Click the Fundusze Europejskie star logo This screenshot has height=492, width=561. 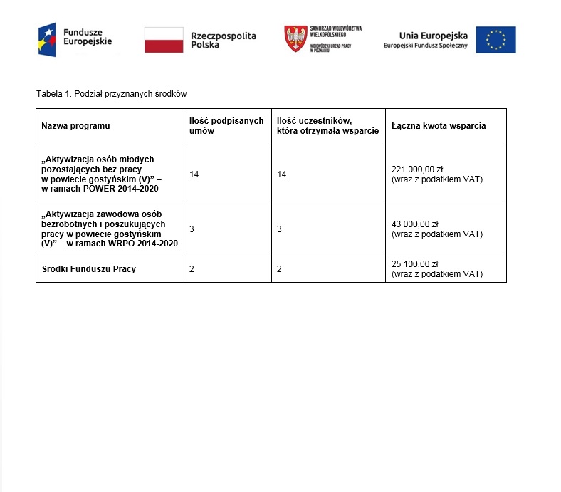48,39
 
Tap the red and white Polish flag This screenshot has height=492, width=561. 163,39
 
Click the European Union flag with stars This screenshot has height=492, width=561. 496,40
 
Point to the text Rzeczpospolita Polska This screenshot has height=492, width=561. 223,40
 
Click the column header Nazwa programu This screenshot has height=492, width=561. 76,126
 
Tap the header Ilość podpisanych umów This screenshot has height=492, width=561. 226,126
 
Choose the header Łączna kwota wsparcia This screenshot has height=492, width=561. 439,126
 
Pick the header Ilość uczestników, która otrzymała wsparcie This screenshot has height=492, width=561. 327,126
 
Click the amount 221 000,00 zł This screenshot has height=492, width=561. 417,169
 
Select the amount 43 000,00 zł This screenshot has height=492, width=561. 415,224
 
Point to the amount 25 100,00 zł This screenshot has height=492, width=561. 415,264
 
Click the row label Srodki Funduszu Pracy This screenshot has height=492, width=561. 89,268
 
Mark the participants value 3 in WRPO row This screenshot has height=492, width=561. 280,229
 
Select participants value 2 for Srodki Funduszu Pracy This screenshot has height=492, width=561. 280,268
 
